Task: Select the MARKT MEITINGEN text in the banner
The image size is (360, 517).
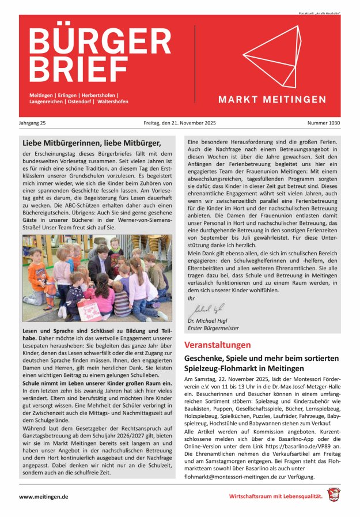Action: tap(272, 100)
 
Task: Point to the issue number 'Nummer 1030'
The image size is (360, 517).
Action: tap(323, 123)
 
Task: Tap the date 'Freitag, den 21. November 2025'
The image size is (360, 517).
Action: tap(179, 123)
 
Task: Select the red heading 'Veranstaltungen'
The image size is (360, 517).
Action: tap(217, 345)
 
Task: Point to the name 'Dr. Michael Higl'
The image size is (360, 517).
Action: tap(210, 320)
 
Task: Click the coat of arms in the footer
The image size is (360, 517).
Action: tap(334, 495)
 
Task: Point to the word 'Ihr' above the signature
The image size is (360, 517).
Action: tap(191, 298)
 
